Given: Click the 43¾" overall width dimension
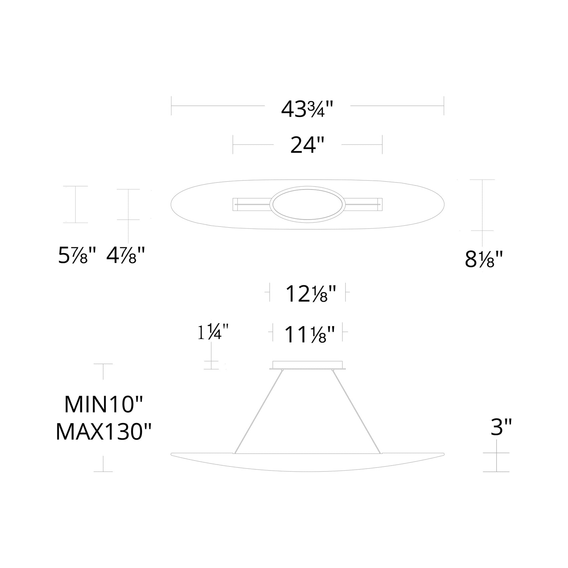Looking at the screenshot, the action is (307, 109).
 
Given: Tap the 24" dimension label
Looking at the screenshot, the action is (307, 145).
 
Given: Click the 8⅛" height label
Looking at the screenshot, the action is (484, 260).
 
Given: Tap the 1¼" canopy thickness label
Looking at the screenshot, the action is (213, 333).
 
